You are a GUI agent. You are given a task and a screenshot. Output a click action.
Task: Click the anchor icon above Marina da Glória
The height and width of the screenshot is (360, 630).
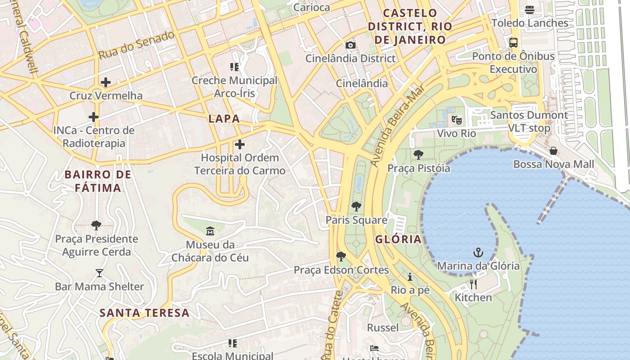pyautogui.click(x=478, y=252)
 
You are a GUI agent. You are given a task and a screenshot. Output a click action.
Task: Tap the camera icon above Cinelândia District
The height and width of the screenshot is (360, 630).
pyautogui.click(x=350, y=45)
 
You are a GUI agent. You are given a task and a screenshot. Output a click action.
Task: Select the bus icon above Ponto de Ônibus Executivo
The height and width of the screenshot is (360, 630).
pyautogui.click(x=513, y=43)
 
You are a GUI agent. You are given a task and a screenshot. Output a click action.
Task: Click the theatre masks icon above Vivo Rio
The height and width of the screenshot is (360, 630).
pyautogui.click(x=456, y=120)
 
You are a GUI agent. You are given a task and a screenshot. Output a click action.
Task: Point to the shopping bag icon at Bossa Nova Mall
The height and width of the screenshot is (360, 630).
pyautogui.click(x=553, y=151)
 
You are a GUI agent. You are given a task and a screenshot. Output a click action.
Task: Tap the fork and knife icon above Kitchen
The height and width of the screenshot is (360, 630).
pyautogui.click(x=473, y=284)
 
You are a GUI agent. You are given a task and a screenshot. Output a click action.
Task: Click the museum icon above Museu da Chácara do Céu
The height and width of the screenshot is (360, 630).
pyautogui.click(x=210, y=231)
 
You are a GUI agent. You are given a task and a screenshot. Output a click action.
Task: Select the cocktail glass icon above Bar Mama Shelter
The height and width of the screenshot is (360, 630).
pyautogui.click(x=99, y=273)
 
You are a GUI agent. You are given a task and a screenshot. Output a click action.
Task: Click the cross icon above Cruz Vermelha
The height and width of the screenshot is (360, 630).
pyautogui.click(x=106, y=82)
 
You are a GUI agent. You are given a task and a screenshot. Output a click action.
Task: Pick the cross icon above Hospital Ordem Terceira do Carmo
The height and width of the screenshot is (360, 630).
pyautogui.click(x=240, y=144)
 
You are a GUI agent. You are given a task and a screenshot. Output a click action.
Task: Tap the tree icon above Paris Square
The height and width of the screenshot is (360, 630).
pyautogui.click(x=356, y=207)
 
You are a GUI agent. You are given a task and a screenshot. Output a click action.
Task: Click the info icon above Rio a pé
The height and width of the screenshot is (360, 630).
pyautogui.click(x=410, y=276)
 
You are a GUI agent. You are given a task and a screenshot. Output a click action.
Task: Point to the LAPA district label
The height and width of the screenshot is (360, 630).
pyautogui.click(x=224, y=119)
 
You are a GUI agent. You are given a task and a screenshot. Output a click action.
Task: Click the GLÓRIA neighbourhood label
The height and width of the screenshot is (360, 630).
pyautogui.click(x=398, y=239)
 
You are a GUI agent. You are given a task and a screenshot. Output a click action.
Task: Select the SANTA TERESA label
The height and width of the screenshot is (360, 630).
pyautogui.click(x=144, y=313)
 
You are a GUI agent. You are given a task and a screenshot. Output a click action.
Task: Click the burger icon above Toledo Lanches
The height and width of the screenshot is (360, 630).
pyautogui.click(x=530, y=9)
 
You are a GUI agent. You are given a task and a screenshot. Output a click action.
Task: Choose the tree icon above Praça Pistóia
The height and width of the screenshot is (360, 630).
pyautogui.click(x=418, y=155)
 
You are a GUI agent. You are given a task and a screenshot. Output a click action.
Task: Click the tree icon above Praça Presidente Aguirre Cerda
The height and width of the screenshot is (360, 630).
pyautogui.click(x=96, y=225)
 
